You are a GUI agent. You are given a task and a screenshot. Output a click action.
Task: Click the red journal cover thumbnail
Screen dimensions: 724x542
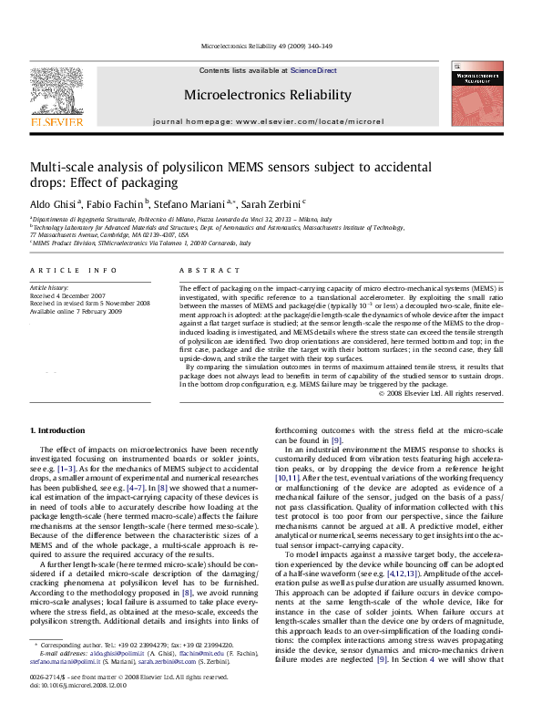click(479, 97)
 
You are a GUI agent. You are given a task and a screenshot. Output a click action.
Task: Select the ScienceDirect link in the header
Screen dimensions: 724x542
click(313, 70)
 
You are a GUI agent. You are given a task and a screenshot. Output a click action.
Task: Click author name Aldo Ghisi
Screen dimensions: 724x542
click(54, 204)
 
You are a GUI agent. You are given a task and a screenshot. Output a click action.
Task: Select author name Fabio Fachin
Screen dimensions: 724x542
click(120, 204)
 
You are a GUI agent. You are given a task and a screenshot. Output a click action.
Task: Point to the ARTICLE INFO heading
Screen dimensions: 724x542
click(74, 271)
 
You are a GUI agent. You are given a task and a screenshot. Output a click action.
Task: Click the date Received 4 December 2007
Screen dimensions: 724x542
click(72, 295)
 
